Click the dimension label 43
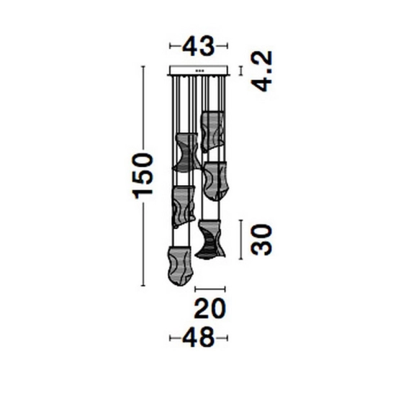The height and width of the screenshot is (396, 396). tap(198, 47)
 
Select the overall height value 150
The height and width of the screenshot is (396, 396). tap(143, 176)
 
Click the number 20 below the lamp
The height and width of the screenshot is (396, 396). tap(210, 308)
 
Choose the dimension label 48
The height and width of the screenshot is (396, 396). tap(198, 338)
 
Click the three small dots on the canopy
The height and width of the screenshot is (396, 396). tap(199, 71)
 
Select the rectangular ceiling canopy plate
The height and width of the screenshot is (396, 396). tap(199, 71)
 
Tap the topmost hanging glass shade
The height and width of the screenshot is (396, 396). tap(212, 132)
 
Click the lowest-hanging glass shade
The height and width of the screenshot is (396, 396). tap(180, 266)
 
